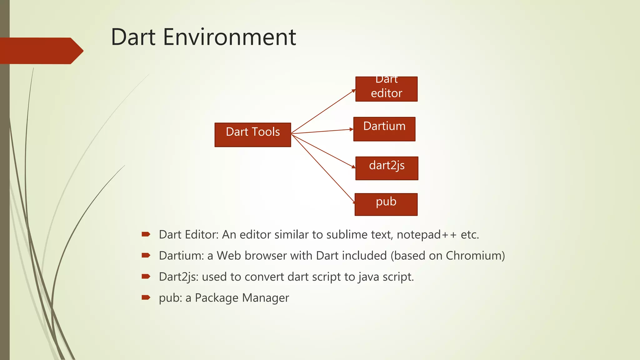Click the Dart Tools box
point(252,135)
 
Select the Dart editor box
point(386,89)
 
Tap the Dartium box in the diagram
point(384,129)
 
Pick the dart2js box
point(387,168)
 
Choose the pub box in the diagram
point(386,204)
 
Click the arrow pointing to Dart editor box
point(323,112)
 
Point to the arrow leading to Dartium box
point(322,131)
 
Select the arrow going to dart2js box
point(323,151)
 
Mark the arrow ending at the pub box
point(323,168)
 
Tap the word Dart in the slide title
point(133,37)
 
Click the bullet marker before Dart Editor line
point(146,234)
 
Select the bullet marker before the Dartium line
point(146,256)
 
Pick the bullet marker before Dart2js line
point(146,277)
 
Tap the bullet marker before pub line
point(146,297)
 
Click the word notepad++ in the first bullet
point(427,235)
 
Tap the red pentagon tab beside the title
point(41,51)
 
